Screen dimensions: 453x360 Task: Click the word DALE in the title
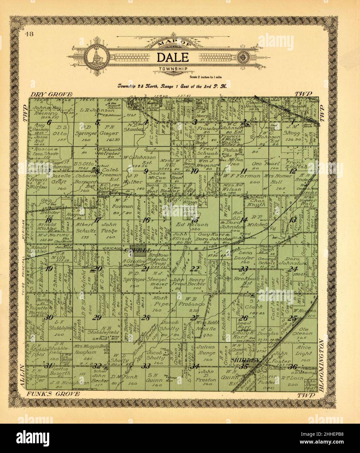pos(173,57)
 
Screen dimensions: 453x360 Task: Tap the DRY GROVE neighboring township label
pos(51,95)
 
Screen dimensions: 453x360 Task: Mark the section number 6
pos(49,123)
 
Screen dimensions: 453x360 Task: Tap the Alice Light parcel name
pos(303,351)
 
